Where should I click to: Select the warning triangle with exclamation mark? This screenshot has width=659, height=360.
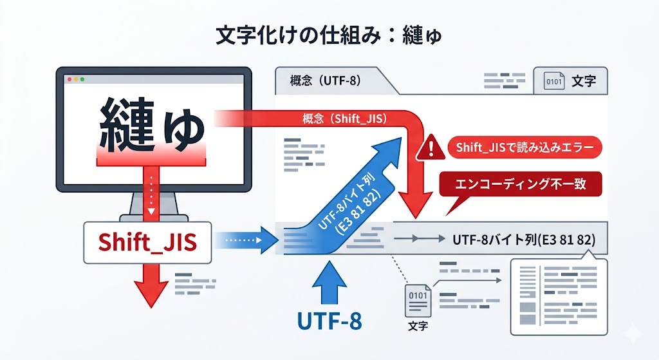pos(426,150)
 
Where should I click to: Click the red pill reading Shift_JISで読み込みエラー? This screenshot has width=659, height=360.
pos(524,147)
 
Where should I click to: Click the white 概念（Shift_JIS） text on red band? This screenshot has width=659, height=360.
pos(344,119)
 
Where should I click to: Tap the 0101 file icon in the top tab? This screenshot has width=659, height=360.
pos(554,82)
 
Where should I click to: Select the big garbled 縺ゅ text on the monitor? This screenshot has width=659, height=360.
pos(152,122)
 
